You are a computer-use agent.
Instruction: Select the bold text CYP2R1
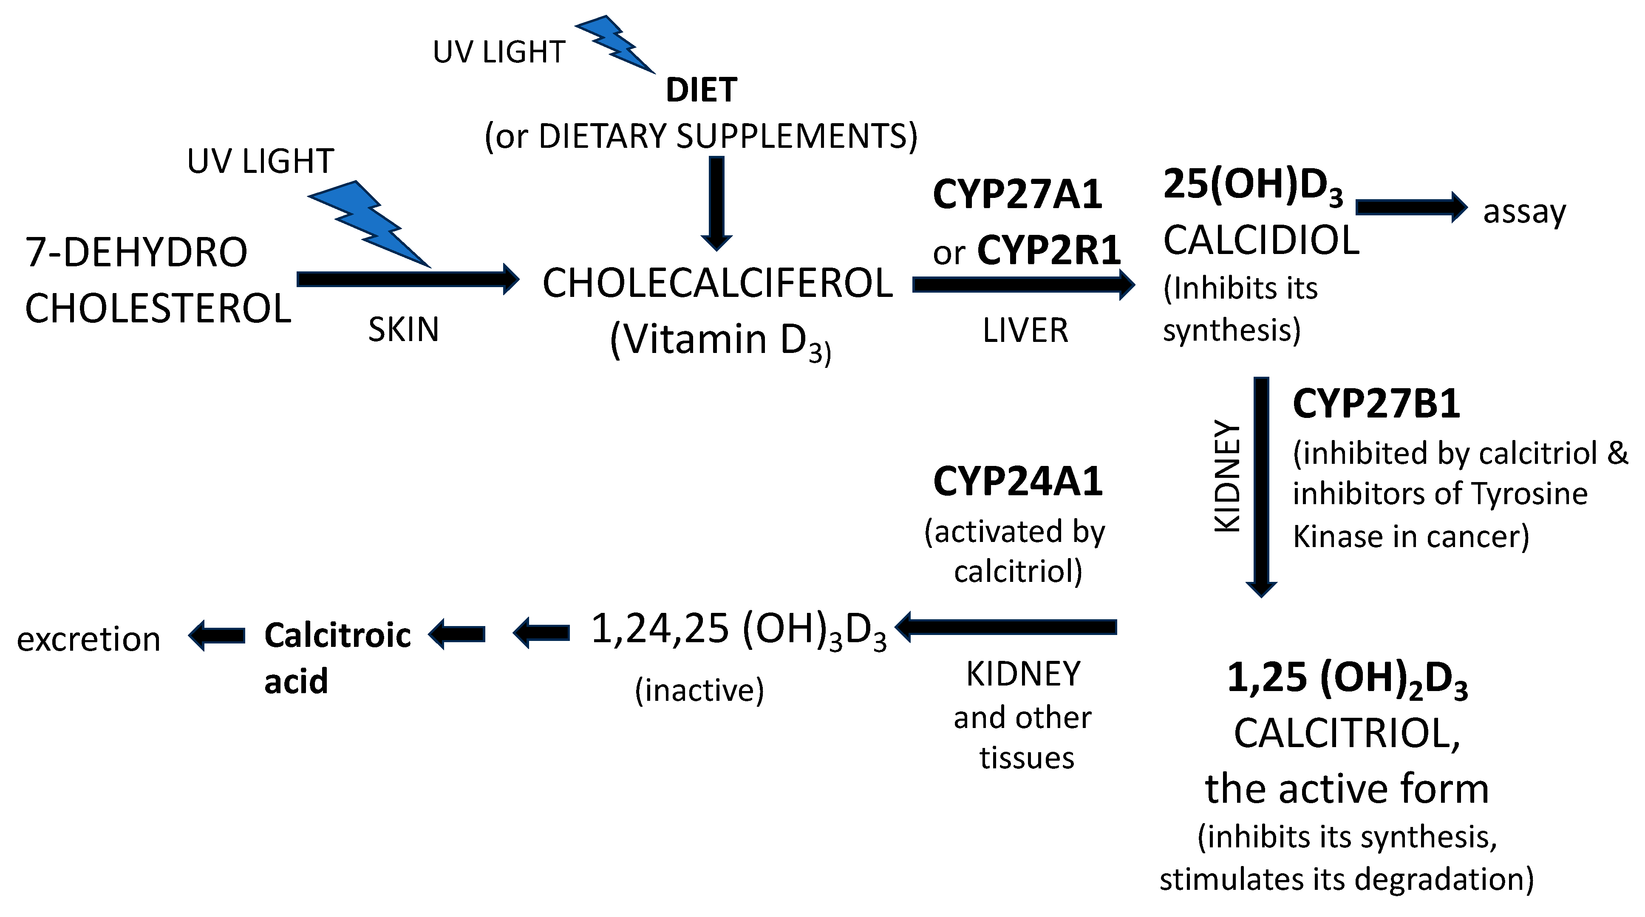pyautogui.click(x=1048, y=251)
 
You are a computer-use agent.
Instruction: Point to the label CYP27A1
pyautogui.click(x=1017, y=194)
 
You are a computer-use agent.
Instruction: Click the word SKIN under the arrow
pyautogui.click(x=404, y=330)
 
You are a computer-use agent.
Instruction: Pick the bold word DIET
pyautogui.click(x=701, y=90)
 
